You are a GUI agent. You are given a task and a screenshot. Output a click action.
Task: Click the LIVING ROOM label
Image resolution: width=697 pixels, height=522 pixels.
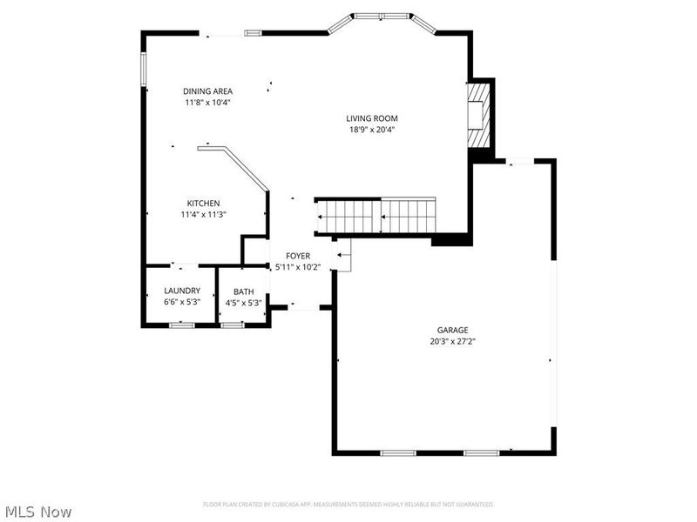(x=372, y=118)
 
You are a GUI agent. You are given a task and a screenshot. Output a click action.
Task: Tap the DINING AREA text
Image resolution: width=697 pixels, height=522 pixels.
(x=207, y=91)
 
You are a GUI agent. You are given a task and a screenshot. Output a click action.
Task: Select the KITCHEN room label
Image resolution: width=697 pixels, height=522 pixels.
(x=203, y=203)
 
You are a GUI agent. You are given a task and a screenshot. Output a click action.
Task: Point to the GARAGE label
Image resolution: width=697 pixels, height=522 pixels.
(x=453, y=330)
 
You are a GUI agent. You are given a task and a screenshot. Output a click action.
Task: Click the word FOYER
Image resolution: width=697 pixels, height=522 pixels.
(x=298, y=256)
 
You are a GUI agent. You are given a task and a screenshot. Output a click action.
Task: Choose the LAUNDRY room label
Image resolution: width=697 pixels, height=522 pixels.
(x=182, y=291)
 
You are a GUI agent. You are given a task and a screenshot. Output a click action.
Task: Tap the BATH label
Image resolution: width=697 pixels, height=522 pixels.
(x=243, y=291)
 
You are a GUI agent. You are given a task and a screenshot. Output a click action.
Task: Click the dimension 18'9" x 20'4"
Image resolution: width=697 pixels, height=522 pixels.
(x=372, y=130)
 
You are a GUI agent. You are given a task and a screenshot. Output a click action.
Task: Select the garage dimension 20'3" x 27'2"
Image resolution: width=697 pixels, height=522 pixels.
(x=453, y=341)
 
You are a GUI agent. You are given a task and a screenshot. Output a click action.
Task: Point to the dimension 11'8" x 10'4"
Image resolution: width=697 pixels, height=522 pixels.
(x=207, y=103)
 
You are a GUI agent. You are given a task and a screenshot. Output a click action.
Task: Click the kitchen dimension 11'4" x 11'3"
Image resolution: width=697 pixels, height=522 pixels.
(x=203, y=214)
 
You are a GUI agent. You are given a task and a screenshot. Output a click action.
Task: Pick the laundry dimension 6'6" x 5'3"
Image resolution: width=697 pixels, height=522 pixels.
(x=182, y=302)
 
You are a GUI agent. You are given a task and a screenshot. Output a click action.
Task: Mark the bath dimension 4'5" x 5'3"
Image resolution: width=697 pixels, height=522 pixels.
(x=243, y=303)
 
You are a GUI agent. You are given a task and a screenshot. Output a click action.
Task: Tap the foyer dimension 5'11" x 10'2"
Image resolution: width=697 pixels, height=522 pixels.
(x=298, y=267)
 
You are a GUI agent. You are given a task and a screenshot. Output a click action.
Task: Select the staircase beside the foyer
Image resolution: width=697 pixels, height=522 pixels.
(x=375, y=216)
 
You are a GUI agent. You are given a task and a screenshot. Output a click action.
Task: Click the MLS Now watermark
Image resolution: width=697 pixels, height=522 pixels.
(x=38, y=512)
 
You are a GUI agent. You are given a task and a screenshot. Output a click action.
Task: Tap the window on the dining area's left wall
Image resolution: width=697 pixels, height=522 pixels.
(x=144, y=69)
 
